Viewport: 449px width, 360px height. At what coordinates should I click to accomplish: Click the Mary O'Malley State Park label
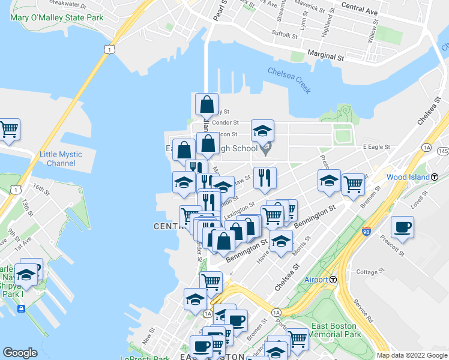click(56, 17)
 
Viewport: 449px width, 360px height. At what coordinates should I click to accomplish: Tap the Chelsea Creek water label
click(289, 81)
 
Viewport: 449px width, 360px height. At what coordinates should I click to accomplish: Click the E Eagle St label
click(376, 146)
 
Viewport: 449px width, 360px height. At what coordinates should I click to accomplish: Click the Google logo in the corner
click(20, 353)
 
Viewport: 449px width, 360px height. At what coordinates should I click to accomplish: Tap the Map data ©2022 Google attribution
click(412, 355)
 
